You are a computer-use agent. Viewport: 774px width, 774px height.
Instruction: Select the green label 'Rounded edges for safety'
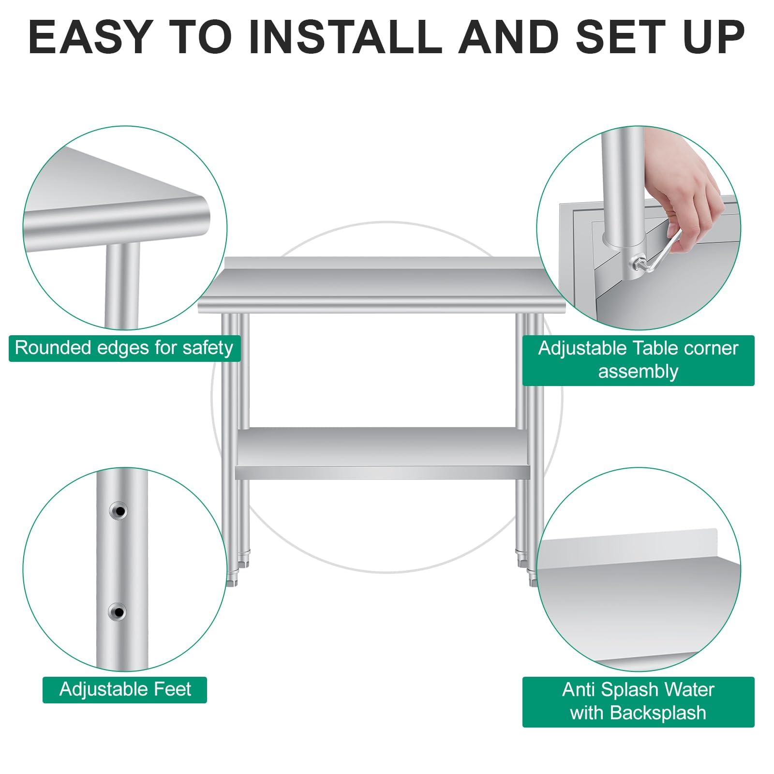124,348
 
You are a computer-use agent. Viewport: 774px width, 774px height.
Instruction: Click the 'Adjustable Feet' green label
125,689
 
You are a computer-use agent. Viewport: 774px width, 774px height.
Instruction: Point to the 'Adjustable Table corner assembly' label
638,360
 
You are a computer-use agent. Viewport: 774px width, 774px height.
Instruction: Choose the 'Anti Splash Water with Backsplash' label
638,701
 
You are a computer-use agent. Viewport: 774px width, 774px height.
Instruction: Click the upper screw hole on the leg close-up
118,511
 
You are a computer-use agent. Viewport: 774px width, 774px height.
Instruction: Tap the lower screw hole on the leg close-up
117,612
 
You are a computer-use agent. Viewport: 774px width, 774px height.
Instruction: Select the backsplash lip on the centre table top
382,264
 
